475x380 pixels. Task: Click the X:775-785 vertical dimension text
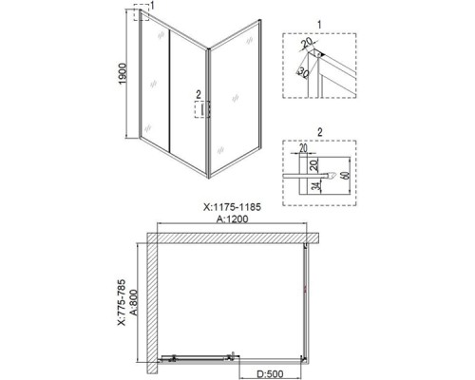123,297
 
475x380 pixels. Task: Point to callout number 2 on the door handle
198,95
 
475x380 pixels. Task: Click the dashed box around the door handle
199,111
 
